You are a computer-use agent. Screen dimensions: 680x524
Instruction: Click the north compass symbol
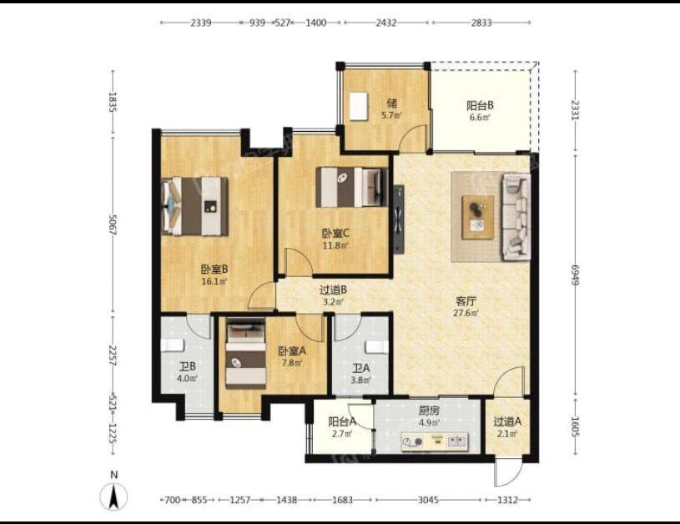pyautogui.click(x=113, y=496)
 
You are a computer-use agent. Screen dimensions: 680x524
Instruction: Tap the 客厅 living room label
pyautogui.click(x=466, y=300)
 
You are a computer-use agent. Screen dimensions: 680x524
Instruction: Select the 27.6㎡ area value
pyautogui.click(x=466, y=313)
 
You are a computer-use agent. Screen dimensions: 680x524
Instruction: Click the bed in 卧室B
pyautogui.click(x=195, y=206)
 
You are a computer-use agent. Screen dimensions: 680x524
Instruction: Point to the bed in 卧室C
pyautogui.click(x=352, y=187)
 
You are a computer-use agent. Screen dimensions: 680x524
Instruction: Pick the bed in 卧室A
pyautogui.click(x=246, y=353)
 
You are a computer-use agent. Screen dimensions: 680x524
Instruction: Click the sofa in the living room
pyautogui.click(x=516, y=216)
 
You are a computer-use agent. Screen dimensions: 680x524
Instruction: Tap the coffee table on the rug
pyautogui.click(x=477, y=217)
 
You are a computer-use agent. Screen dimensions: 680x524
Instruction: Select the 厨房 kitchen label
pyautogui.click(x=429, y=411)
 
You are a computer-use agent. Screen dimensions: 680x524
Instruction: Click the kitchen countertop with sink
pyautogui.click(x=435, y=441)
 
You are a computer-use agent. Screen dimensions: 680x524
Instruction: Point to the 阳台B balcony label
pyautogui.click(x=480, y=105)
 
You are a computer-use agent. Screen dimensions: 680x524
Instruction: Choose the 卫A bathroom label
pyautogui.click(x=360, y=368)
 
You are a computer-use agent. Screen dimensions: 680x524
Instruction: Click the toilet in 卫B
pyautogui.click(x=173, y=345)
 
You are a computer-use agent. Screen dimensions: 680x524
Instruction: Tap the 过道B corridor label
pyautogui.click(x=333, y=290)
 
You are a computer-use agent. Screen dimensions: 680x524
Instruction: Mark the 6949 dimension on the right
pyautogui.click(x=575, y=275)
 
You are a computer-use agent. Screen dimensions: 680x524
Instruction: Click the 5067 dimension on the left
pyautogui.click(x=113, y=224)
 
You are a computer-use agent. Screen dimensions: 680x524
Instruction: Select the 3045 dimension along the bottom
pyautogui.click(x=428, y=500)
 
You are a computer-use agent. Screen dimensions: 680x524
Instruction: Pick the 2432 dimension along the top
pyautogui.click(x=386, y=23)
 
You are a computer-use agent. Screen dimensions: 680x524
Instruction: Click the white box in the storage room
pyautogui.click(x=359, y=106)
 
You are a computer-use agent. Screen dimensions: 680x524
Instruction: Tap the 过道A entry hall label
pyautogui.click(x=507, y=421)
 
